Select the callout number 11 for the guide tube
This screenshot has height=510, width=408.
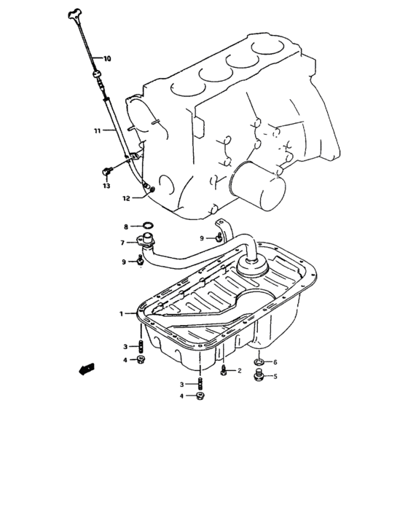[96, 131]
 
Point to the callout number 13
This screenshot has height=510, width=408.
[106, 187]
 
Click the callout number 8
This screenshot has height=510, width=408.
[125, 227]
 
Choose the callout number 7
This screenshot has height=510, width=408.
[123, 243]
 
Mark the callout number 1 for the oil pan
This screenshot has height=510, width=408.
[122, 314]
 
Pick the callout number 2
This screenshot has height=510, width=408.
[239, 371]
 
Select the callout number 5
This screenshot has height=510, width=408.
[275, 377]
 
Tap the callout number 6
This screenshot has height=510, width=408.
[275, 362]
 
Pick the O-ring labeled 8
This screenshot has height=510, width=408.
[146, 227]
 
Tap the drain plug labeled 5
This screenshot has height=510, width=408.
[258, 377]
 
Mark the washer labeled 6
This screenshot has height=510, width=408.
[259, 362]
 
